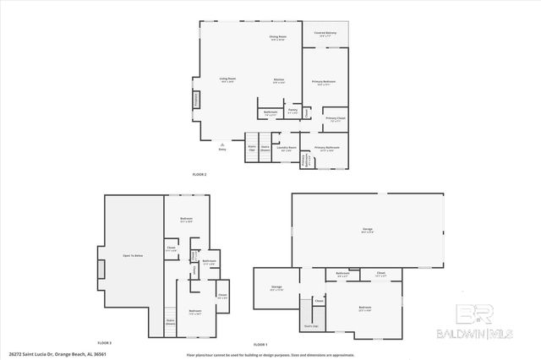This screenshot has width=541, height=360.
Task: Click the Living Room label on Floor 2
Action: [x=227, y=80]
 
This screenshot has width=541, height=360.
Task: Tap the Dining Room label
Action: [x=277, y=38]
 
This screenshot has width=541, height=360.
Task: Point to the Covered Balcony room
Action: [x=325, y=34]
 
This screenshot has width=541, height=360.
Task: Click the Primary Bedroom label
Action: [x=324, y=82]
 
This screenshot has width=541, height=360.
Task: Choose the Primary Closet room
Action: [x=335, y=119]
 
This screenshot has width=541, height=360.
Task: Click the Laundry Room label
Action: [x=287, y=149]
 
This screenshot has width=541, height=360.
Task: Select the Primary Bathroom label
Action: [x=327, y=149]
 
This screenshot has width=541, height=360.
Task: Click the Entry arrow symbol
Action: [x=222, y=145]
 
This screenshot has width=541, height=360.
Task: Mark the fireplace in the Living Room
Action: [x=198, y=100]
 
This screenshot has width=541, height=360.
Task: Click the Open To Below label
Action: [x=133, y=255]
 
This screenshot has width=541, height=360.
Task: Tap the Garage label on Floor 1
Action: [x=367, y=229]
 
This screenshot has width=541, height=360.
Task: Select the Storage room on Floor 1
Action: [x=276, y=288]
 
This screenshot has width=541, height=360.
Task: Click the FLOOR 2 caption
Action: [x=199, y=174]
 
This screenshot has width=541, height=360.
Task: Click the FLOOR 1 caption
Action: [x=260, y=343]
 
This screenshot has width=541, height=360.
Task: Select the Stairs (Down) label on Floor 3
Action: [x=170, y=321]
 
